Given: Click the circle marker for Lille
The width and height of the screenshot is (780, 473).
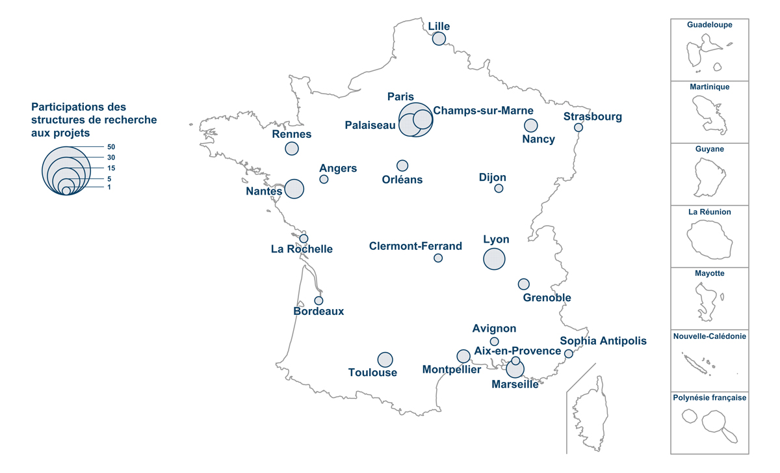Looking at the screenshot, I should (x=439, y=38).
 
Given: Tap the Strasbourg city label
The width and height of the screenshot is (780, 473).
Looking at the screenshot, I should (x=592, y=117).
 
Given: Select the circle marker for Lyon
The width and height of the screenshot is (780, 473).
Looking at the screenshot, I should (x=494, y=259).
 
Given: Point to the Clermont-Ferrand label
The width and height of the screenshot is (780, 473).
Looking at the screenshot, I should (x=415, y=247).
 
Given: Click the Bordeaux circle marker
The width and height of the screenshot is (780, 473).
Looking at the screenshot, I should (x=318, y=301).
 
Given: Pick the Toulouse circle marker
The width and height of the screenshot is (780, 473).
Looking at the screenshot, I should (x=385, y=360).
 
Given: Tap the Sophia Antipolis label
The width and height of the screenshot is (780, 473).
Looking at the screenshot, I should (x=603, y=341).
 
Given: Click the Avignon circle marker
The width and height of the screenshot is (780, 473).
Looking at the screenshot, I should (x=494, y=342).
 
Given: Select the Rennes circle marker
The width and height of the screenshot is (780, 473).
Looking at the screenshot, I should (x=292, y=148).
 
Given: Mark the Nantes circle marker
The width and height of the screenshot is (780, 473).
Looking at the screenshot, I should (x=294, y=189).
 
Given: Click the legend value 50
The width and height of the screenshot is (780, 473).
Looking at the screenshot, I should (x=111, y=147).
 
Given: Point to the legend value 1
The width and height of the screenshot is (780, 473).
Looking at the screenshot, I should (x=110, y=187).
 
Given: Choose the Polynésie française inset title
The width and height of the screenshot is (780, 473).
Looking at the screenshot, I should (x=710, y=398).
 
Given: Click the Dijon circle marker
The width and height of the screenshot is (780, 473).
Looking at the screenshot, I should (x=499, y=189).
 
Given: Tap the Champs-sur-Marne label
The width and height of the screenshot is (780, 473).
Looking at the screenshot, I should (x=483, y=111).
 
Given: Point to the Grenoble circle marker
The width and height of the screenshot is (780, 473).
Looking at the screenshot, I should (x=523, y=284).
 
